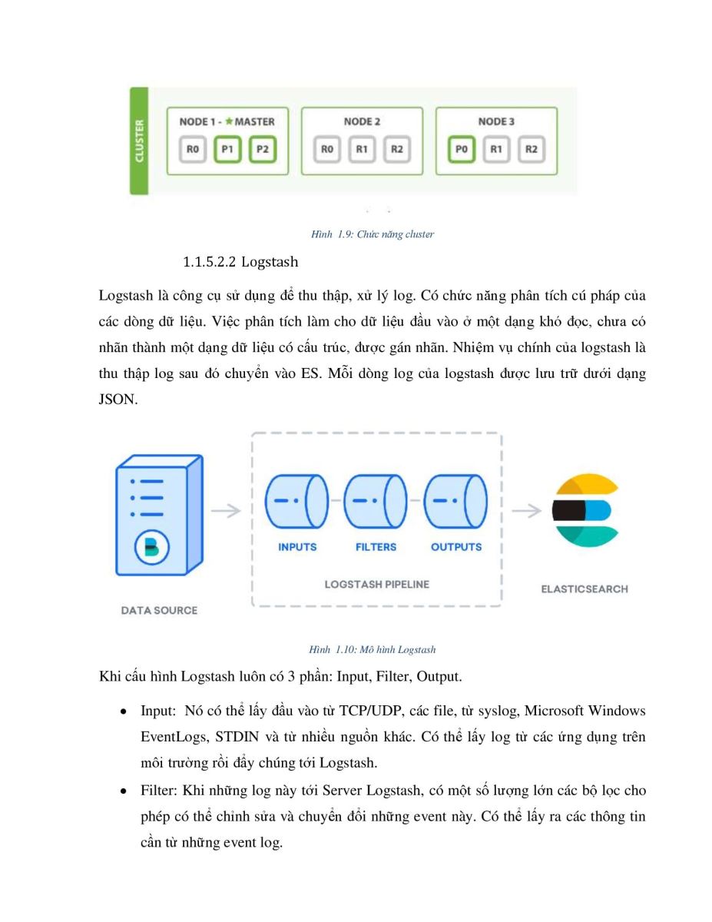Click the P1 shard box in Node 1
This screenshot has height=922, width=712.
tap(227, 149)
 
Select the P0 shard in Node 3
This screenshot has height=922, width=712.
tap(461, 149)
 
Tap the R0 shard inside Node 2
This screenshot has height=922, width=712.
tap(326, 149)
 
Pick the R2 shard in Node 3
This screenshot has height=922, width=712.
tap(531, 149)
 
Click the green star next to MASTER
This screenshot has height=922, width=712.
tap(229, 121)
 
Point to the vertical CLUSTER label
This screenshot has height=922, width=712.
tap(139, 141)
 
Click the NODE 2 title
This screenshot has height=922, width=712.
tap(362, 121)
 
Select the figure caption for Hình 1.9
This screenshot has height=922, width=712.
tap(373, 234)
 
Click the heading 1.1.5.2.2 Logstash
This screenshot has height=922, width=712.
tap(240, 262)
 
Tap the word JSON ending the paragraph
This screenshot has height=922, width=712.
tap(118, 400)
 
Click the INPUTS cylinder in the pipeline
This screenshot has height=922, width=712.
tap(296, 501)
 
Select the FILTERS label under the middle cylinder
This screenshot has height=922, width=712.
tap(376, 547)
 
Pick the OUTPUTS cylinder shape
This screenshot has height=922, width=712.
tap(455, 501)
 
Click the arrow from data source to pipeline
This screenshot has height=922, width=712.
tap(226, 510)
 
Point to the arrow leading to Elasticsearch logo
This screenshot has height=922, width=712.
tap(527, 510)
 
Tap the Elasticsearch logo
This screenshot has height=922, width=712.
tap(585, 510)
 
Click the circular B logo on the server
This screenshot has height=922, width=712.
tap(152, 547)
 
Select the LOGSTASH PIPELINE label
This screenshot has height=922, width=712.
tap(376, 584)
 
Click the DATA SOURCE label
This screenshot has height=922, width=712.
tap(159, 610)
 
